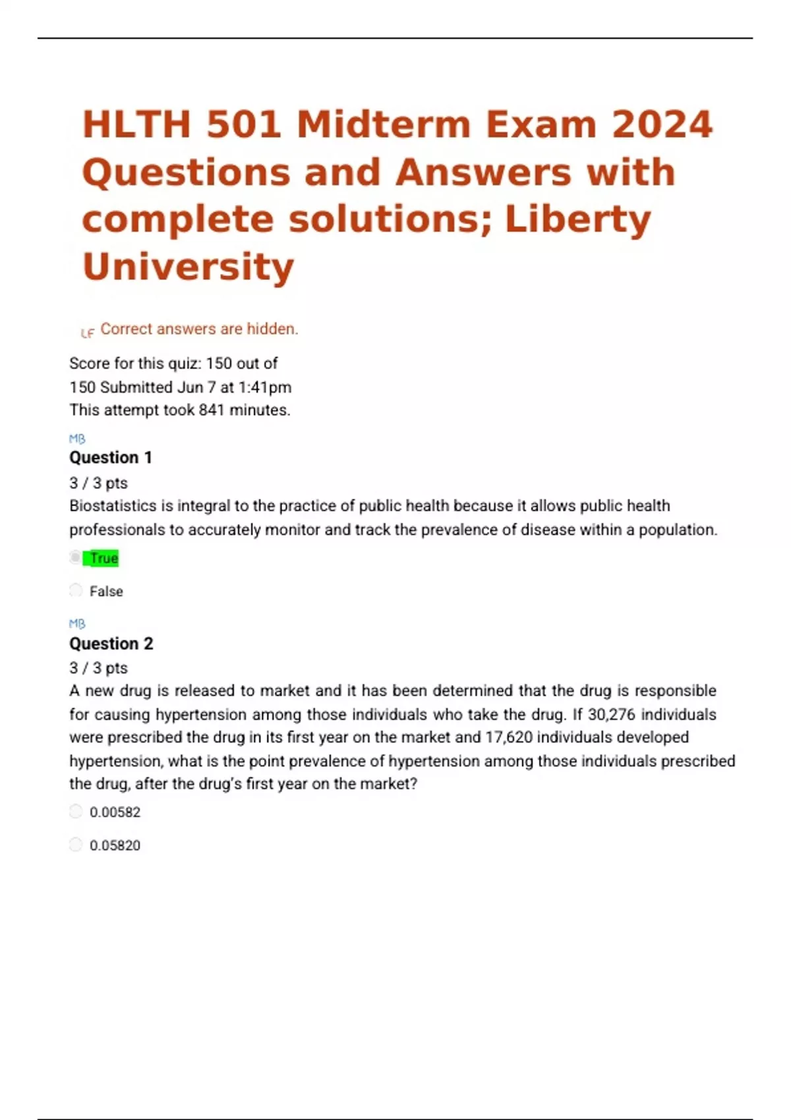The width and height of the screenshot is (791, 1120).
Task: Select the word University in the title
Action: point(188,267)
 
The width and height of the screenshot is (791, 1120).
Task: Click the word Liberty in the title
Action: point(577,219)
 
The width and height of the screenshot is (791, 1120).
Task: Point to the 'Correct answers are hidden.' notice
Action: point(199,329)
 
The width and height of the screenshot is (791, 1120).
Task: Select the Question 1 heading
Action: point(111,457)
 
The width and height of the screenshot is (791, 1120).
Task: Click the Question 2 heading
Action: point(111,644)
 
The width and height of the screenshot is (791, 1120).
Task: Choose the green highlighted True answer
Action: point(103,559)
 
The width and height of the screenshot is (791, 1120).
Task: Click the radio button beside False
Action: point(76,590)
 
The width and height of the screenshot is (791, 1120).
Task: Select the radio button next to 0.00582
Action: point(76,811)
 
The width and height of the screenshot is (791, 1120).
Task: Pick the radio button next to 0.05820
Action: point(76,844)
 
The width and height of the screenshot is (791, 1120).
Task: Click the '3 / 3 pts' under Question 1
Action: point(98,483)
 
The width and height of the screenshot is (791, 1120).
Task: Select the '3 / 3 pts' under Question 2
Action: point(98,668)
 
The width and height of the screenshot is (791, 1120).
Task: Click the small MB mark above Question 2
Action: point(77,623)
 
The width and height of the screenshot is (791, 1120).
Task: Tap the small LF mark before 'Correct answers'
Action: point(87,333)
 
